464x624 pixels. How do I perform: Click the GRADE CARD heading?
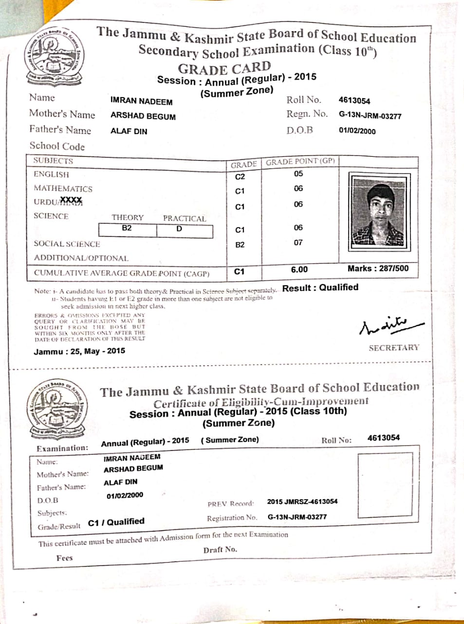[224, 68]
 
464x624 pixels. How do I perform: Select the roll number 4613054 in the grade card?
[354, 100]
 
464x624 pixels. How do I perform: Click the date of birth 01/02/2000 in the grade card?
[357, 131]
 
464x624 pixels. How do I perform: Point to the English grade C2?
[240, 176]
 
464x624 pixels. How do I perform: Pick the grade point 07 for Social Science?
[298, 242]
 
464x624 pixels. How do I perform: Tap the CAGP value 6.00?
[299, 270]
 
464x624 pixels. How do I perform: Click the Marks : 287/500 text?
[378, 268]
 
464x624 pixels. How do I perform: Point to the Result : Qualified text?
[320, 288]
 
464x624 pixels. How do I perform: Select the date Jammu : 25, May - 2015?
[79, 351]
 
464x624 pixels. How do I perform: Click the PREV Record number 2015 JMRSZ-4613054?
[302, 501]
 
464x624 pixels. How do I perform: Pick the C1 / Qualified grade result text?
[116, 522]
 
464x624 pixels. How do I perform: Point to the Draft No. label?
[220, 549]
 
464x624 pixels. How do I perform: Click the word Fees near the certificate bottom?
[64, 558]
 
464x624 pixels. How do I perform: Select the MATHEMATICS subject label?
[63, 189]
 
